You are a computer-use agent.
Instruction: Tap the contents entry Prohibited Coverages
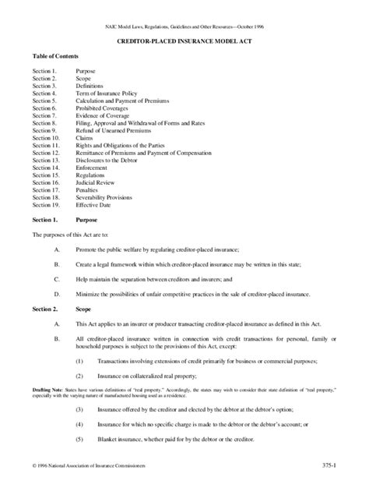point(101,108)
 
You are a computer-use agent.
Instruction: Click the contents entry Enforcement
point(92,168)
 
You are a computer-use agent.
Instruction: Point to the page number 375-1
point(329,465)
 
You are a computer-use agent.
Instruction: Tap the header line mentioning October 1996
point(184,26)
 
